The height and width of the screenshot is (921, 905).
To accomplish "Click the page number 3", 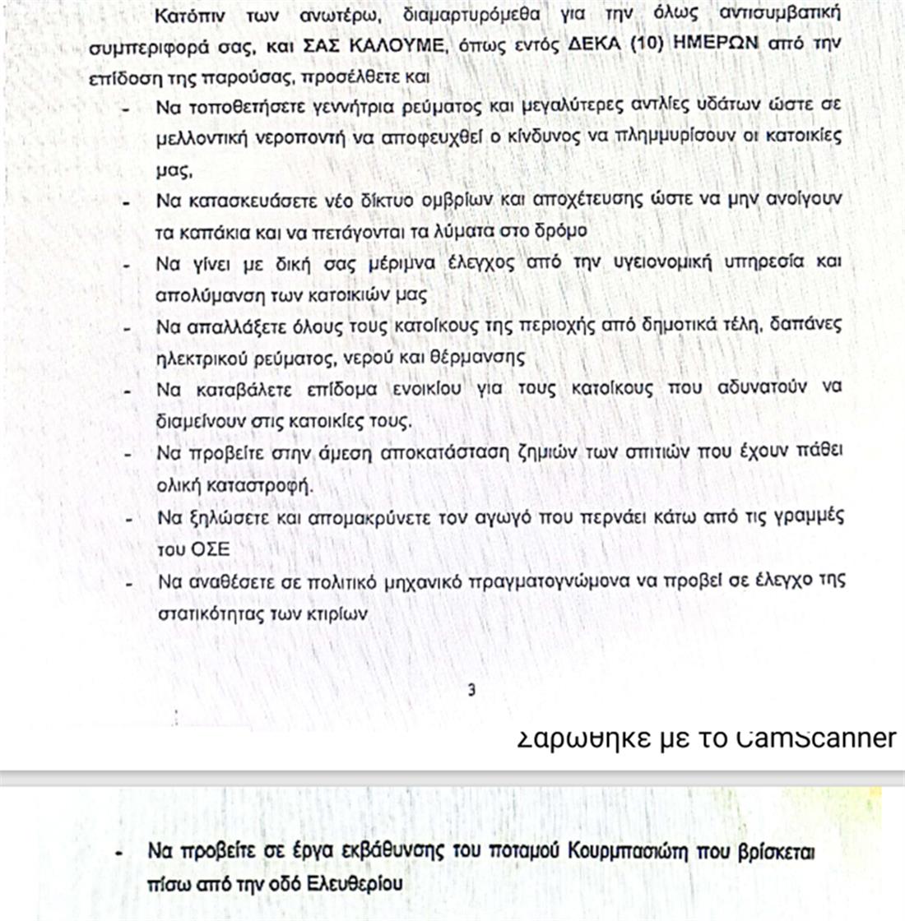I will (471, 690).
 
